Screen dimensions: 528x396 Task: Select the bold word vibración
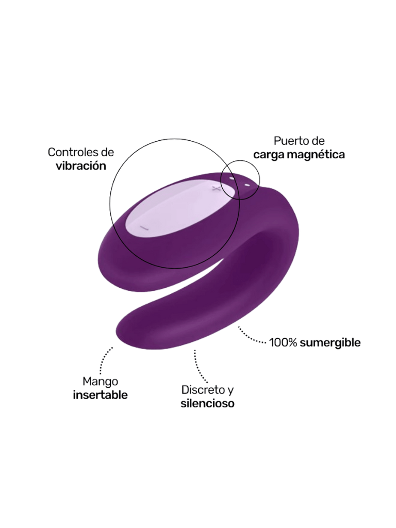point(80,166)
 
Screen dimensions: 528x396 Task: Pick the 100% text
point(283,342)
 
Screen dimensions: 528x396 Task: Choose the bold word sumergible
point(330,342)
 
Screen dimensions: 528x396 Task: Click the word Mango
point(100,382)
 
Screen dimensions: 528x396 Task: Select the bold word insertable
point(100,395)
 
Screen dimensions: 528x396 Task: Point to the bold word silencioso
point(207,403)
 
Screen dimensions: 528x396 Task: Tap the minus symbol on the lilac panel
point(144,228)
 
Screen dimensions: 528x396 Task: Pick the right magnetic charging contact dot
point(246,185)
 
